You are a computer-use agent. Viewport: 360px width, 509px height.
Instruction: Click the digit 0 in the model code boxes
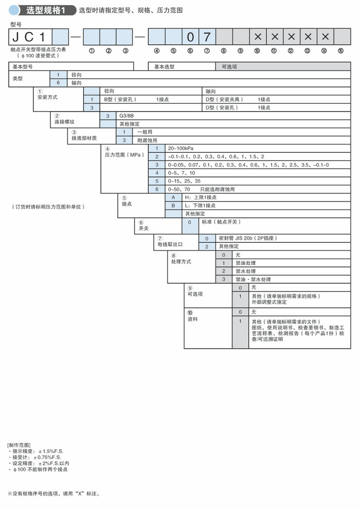[190, 37]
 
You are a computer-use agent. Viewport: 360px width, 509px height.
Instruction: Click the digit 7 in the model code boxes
[207, 37]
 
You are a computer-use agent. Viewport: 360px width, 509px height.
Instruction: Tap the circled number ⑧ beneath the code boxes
[224, 51]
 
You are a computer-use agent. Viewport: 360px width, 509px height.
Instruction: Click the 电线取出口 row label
[170, 244]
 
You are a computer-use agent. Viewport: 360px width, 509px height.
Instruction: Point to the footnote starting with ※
[53, 494]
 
